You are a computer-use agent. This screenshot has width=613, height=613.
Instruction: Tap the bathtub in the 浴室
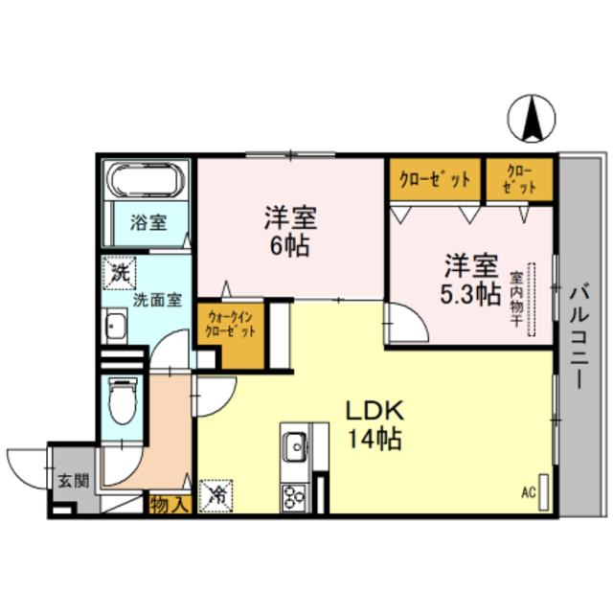coord(147,181)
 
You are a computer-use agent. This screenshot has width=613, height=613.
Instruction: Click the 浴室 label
coord(148,223)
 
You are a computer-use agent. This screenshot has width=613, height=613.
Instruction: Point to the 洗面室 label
coord(155,299)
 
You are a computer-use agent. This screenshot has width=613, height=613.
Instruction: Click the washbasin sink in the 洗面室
coord(117,329)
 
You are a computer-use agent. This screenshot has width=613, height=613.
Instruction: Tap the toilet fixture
coord(123,399)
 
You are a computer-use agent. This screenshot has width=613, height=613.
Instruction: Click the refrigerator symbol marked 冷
coord(216,496)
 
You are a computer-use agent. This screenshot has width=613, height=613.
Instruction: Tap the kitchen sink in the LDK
coord(294,445)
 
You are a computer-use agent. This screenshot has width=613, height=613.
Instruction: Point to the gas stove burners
coord(292,496)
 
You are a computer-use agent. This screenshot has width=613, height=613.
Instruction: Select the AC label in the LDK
coord(528,494)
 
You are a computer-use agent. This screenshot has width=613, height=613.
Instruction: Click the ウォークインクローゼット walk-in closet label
coord(230,325)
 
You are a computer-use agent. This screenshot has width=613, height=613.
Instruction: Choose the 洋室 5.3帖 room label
coord(468,279)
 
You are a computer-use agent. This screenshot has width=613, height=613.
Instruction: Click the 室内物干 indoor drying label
coord(515,299)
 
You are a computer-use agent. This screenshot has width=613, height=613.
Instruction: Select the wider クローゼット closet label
coord(434,179)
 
